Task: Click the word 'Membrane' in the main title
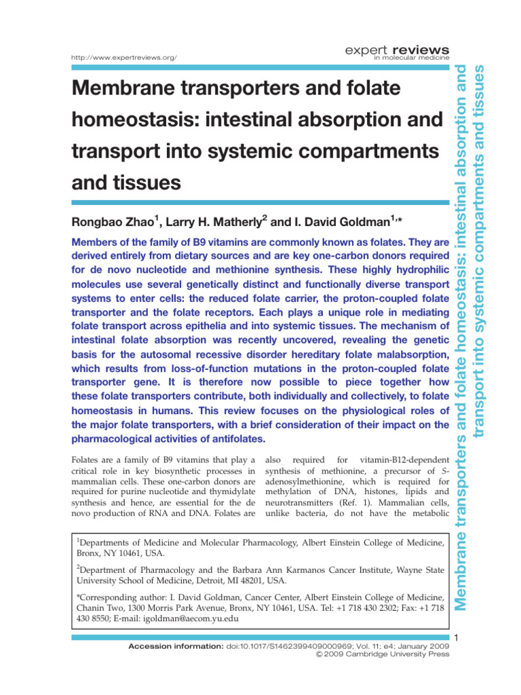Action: [x=128, y=89]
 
